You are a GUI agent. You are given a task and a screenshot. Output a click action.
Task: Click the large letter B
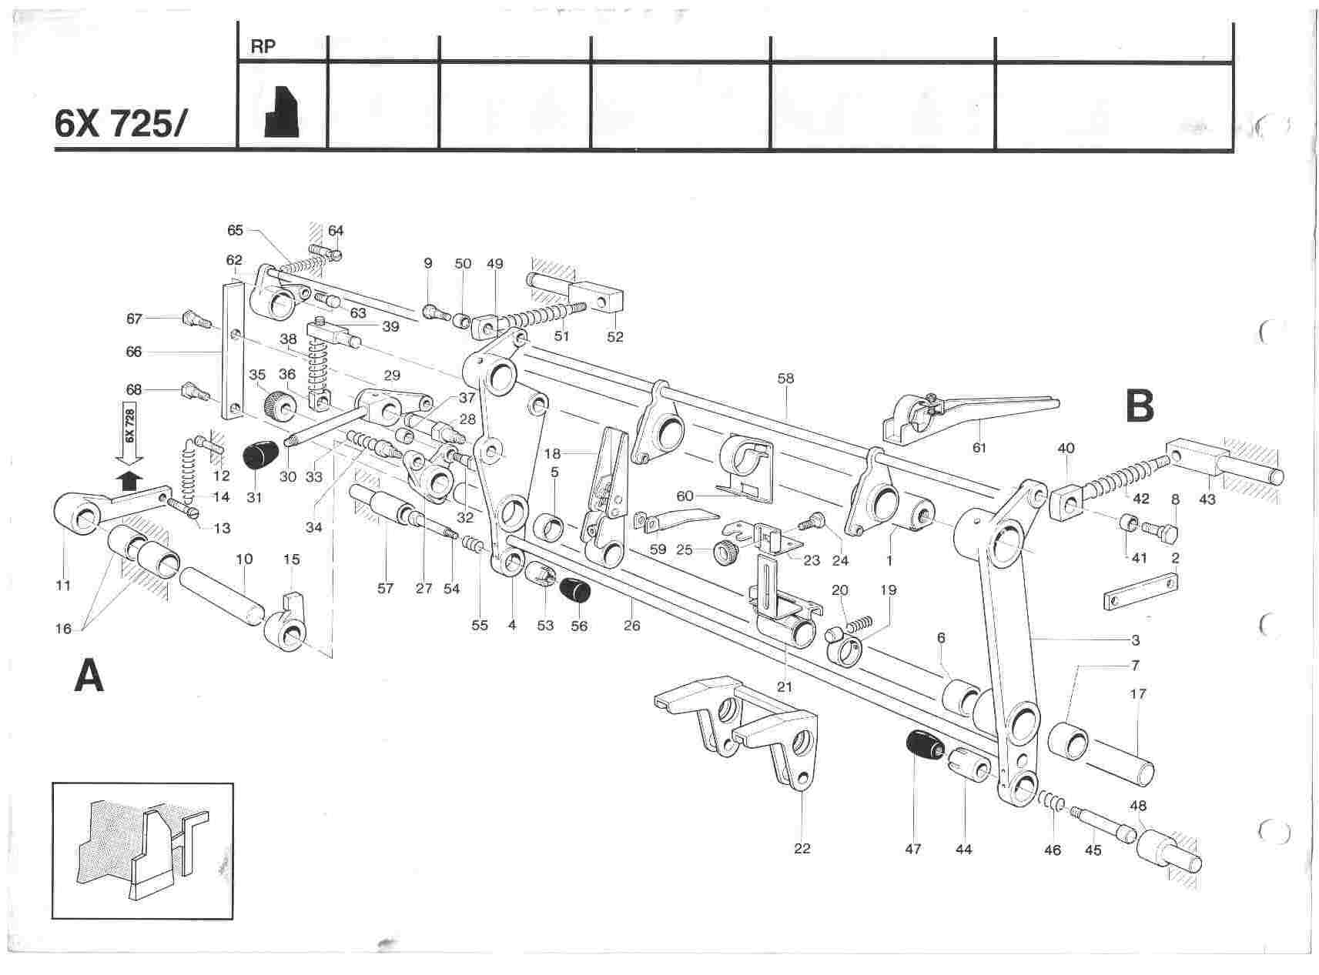[1140, 406]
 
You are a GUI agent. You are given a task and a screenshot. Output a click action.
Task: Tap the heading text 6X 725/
[119, 124]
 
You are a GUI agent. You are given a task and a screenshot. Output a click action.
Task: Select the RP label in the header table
[263, 46]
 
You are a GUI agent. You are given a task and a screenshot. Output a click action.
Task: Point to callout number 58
[785, 379]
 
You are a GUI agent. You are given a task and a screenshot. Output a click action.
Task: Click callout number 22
[802, 849]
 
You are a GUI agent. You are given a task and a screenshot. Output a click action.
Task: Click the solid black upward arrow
[132, 480]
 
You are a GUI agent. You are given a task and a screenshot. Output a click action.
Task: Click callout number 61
[979, 447]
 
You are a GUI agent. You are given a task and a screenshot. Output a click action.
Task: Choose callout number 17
[1137, 694]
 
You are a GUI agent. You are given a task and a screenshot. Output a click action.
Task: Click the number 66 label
[134, 352]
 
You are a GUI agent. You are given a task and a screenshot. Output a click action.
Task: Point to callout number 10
[244, 559]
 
